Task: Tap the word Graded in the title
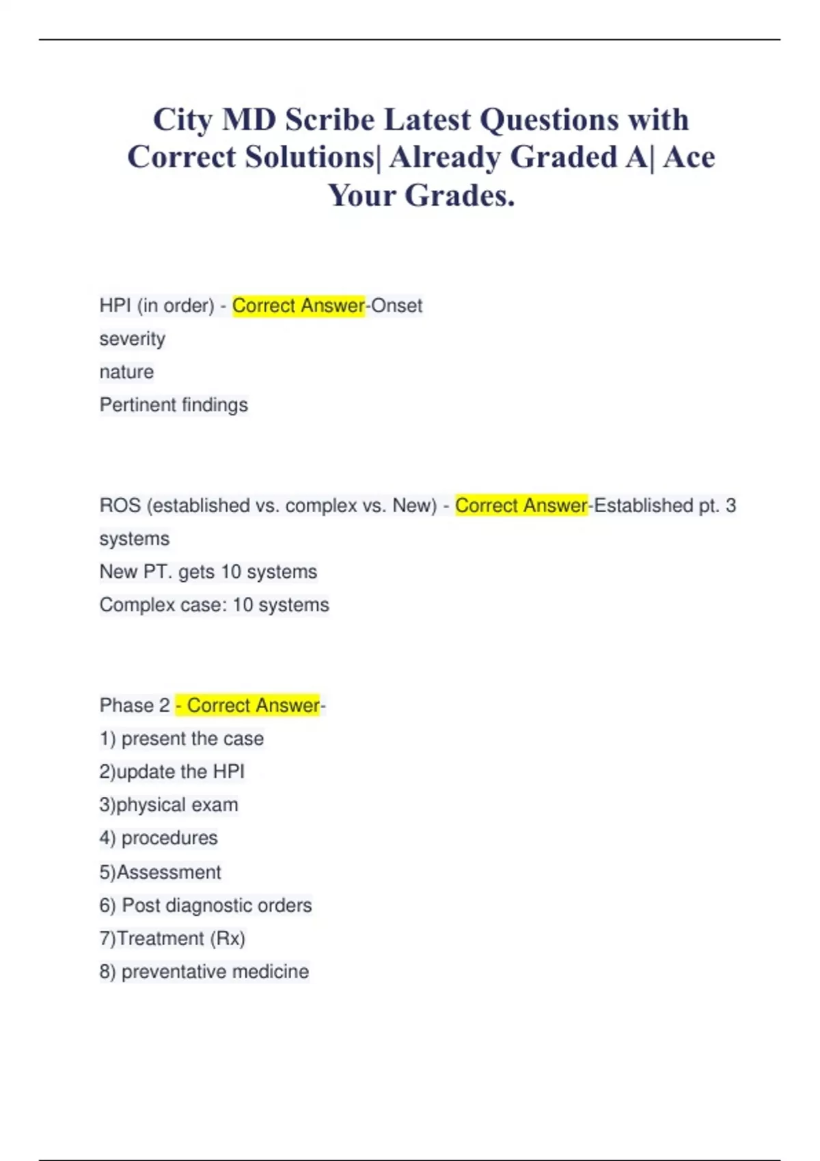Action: point(564,158)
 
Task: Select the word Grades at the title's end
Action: point(459,196)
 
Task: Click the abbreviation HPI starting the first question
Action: point(115,305)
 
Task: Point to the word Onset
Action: point(396,305)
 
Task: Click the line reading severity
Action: point(133,339)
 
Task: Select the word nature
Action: point(126,372)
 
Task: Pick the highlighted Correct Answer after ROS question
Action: point(521,505)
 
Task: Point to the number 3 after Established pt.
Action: point(730,505)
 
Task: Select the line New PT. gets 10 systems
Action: point(208,572)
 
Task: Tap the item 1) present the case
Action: point(182,739)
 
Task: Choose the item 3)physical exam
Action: point(169,805)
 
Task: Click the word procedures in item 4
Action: point(169,838)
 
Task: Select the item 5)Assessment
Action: point(161,872)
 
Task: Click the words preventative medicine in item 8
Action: point(215,972)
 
